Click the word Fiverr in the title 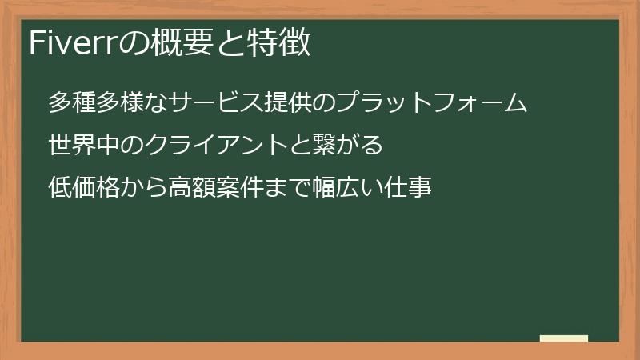pyautogui.click(x=73, y=43)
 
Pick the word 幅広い pyautogui.click(x=348, y=189)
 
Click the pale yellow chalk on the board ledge pyautogui.click(x=564, y=338)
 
